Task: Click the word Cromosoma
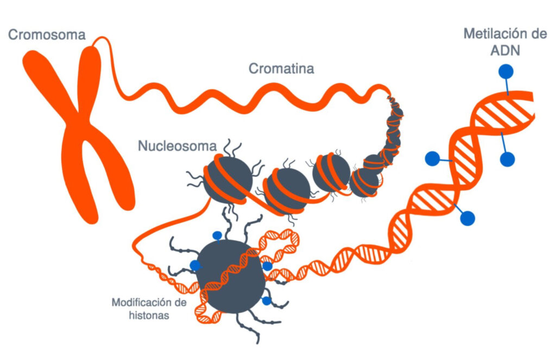coord(47,35)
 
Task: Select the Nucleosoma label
coord(177,146)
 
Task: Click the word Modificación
coord(145,302)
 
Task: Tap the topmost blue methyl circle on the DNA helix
coord(506,71)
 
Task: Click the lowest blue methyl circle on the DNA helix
coord(467,218)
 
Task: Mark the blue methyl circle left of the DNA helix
coord(432,158)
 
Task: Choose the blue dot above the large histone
coord(217,236)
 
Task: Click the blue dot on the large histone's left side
coord(195,266)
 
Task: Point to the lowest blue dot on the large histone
coord(266,300)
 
